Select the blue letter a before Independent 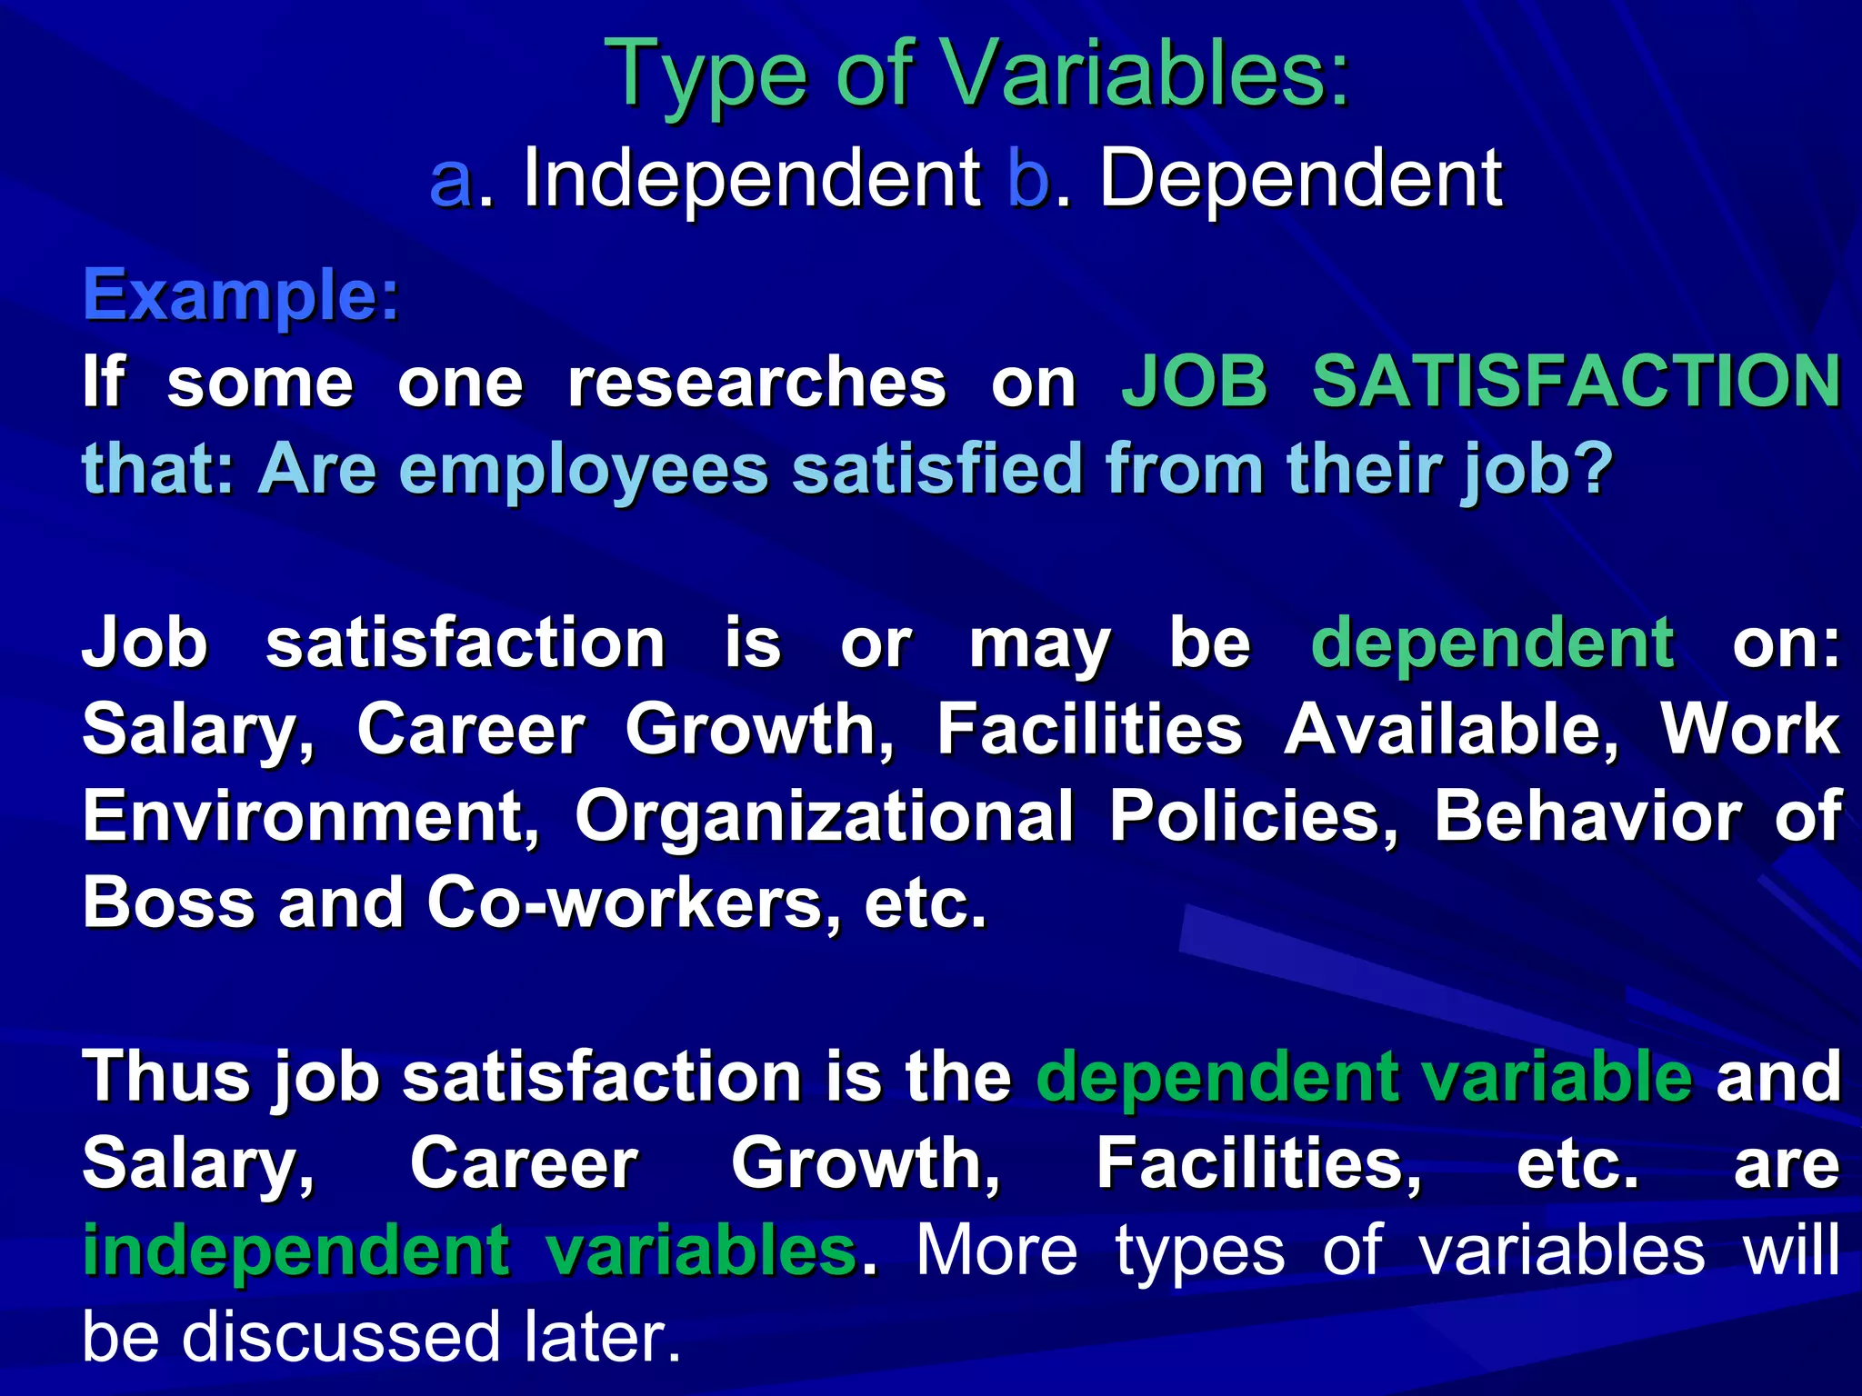point(452,180)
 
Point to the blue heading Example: point(241,296)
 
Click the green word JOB point(1194,382)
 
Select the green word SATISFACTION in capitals point(1577,382)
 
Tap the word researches point(756,382)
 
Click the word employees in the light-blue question point(583,469)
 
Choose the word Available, point(1451,729)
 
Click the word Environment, point(310,816)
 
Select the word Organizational point(824,816)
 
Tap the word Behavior point(1587,816)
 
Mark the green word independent point(295,1251)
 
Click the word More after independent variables point(996,1251)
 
